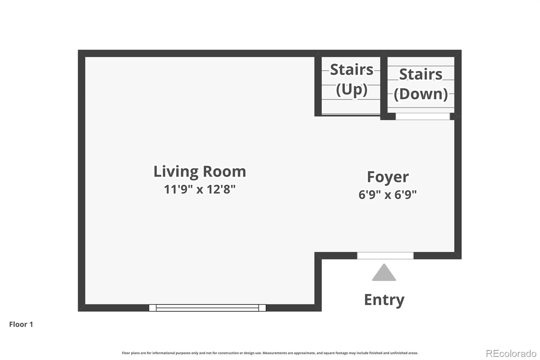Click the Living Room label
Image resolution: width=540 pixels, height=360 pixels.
point(199,172)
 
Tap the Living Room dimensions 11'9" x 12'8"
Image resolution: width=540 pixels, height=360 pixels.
point(199,189)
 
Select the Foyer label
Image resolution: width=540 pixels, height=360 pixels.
point(388,177)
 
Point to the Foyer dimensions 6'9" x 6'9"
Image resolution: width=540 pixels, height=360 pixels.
point(388,195)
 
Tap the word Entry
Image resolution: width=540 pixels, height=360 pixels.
point(384,300)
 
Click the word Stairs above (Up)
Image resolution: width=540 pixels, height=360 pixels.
point(351,70)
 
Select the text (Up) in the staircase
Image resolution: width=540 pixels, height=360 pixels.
point(352,90)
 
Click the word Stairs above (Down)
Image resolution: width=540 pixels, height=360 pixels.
point(421,74)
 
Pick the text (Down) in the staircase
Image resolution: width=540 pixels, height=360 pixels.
point(421,94)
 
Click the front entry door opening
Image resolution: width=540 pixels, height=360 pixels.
point(385,256)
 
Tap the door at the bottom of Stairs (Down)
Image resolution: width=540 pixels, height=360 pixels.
point(423,116)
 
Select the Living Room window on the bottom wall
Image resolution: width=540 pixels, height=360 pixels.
point(207,308)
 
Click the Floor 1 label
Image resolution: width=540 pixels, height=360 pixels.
point(21,324)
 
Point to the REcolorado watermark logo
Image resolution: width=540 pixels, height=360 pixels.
point(511,354)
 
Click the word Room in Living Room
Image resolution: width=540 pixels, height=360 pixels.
point(224,172)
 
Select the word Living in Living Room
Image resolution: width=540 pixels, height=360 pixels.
point(176,172)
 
